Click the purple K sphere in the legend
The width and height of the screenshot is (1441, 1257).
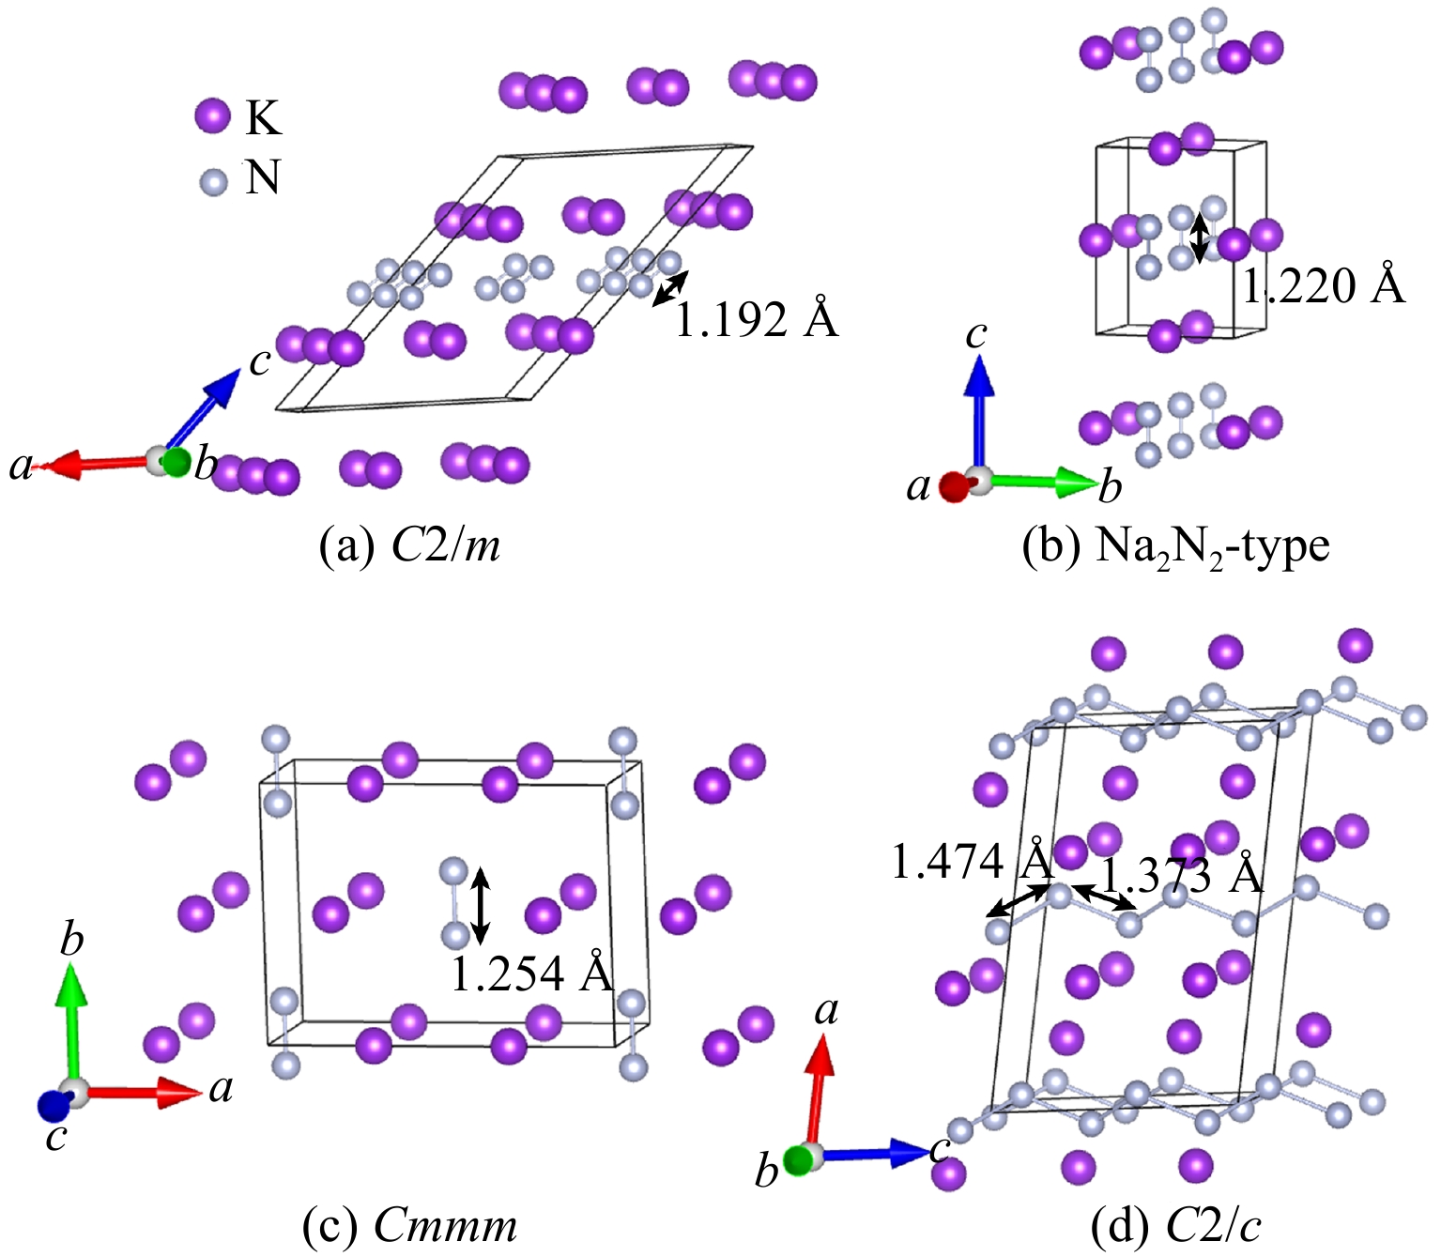(x=212, y=116)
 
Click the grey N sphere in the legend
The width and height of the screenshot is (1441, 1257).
(x=214, y=181)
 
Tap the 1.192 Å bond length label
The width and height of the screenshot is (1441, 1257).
(x=756, y=320)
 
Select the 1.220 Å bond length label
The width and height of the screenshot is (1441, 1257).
(x=1324, y=285)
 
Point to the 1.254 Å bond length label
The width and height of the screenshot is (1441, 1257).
(x=531, y=973)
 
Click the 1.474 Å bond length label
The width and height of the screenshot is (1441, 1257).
(x=973, y=862)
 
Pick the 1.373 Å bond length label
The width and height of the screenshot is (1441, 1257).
(x=1182, y=875)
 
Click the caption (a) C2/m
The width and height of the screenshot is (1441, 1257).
(x=410, y=544)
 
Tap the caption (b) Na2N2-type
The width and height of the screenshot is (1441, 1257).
(x=1176, y=545)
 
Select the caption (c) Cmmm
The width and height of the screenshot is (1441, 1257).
(x=410, y=1225)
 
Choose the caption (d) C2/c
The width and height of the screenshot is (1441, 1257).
(x=1176, y=1225)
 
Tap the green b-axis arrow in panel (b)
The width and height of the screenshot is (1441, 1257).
(x=1042, y=482)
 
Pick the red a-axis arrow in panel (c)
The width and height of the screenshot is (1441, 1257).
(x=141, y=1091)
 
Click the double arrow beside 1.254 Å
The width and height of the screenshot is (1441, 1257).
(x=480, y=905)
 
